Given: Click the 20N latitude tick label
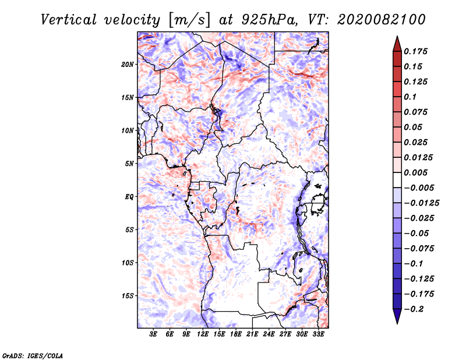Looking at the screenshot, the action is pos(128,65).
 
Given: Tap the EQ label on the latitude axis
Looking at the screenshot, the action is pos(129,197).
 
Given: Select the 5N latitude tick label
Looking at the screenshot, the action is pos(129,164).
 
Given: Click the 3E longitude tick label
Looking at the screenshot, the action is pos(153,334).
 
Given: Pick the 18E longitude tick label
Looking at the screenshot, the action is pos(236,334).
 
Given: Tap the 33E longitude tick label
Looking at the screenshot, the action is pos(318,334).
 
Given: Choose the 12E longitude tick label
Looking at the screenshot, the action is pos(203,334).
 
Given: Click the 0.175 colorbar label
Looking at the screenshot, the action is pos(415,51).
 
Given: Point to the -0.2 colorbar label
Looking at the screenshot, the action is pos(414,309).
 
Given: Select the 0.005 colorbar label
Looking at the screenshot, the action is pos(415,172).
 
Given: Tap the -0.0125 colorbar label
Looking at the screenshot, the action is pos(421,203).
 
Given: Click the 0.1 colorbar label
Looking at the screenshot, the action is pos(410,97).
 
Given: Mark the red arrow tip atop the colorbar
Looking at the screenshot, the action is pos(397,36).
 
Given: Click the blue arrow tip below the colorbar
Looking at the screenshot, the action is pos(397,323).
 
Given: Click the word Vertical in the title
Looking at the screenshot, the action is pos(69,20).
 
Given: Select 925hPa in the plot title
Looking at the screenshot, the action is pos(270,20).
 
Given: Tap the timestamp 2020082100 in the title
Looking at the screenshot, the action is pos(382,20).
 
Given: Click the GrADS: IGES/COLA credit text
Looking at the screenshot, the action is pos(33,356).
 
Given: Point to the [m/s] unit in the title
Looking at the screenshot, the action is pos(189,20).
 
